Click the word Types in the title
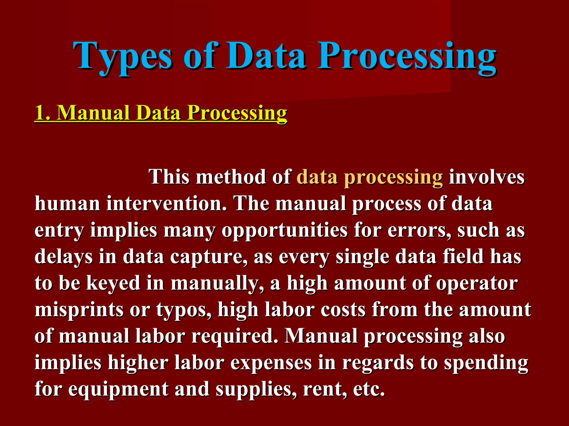pyautogui.click(x=122, y=57)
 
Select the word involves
pyautogui.click(x=487, y=177)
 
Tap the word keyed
pyautogui.click(x=113, y=283)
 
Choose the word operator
pyautogui.click(x=477, y=283)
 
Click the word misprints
pyautogui.click(x=79, y=310)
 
